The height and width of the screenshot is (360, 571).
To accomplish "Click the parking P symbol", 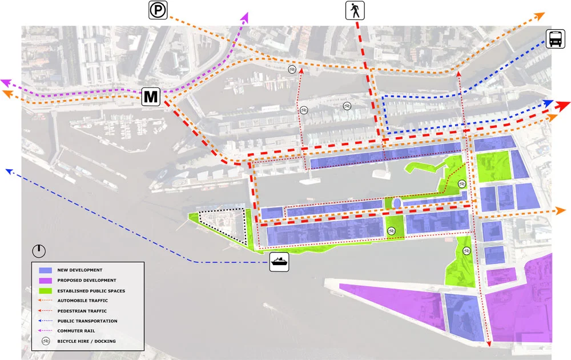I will click(158, 10).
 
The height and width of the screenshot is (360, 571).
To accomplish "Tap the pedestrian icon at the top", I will click(354, 10).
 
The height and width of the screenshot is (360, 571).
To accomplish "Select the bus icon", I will click(556, 39).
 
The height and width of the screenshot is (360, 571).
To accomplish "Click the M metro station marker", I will click(151, 97).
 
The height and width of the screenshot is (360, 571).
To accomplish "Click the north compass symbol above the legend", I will click(39, 250).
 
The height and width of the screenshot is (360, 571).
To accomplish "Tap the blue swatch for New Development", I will click(45, 270).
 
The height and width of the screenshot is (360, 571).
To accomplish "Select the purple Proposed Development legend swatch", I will click(45, 280).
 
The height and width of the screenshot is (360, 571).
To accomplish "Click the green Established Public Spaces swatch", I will click(45, 290).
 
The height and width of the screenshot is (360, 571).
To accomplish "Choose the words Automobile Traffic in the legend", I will click(82, 301).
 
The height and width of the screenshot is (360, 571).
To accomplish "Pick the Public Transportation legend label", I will click(87, 321).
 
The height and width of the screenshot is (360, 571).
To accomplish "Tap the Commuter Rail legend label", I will click(76, 331).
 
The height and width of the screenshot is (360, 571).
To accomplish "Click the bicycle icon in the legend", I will click(45, 341).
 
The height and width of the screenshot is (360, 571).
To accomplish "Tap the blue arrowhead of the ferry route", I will click(9, 170).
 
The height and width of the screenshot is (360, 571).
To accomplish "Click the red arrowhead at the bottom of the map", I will click(489, 344).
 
